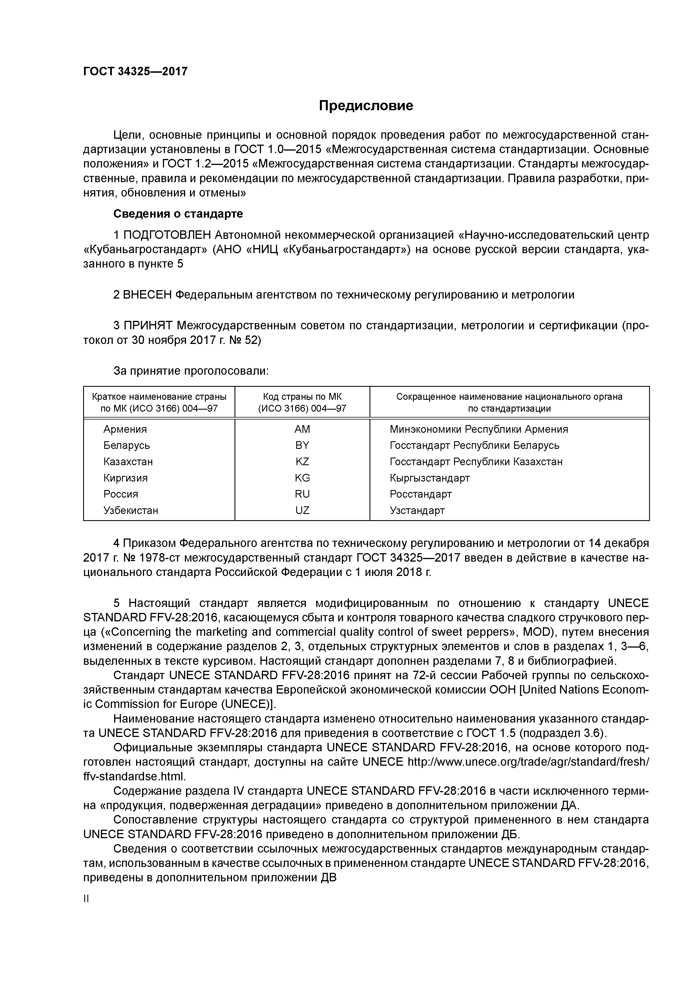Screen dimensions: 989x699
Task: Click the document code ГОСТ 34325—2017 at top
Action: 135,72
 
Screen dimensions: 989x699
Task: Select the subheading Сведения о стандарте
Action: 178,214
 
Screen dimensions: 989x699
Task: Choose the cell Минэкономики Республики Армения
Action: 479,429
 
